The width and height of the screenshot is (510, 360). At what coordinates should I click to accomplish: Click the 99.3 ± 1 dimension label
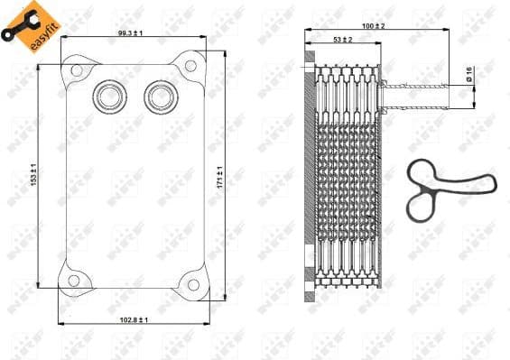point(131,32)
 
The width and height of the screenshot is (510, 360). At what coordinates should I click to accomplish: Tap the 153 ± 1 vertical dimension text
point(32,175)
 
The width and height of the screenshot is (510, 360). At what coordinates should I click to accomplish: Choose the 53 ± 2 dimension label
point(342,40)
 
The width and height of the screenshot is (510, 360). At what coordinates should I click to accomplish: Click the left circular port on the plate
point(109,93)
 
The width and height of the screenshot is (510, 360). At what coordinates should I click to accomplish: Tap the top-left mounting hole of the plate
point(77,70)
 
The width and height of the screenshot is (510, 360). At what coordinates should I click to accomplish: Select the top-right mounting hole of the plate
point(191,65)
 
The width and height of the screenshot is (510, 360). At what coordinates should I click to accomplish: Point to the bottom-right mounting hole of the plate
point(191,284)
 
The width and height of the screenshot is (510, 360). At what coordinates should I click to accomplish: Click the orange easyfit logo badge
point(22,23)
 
